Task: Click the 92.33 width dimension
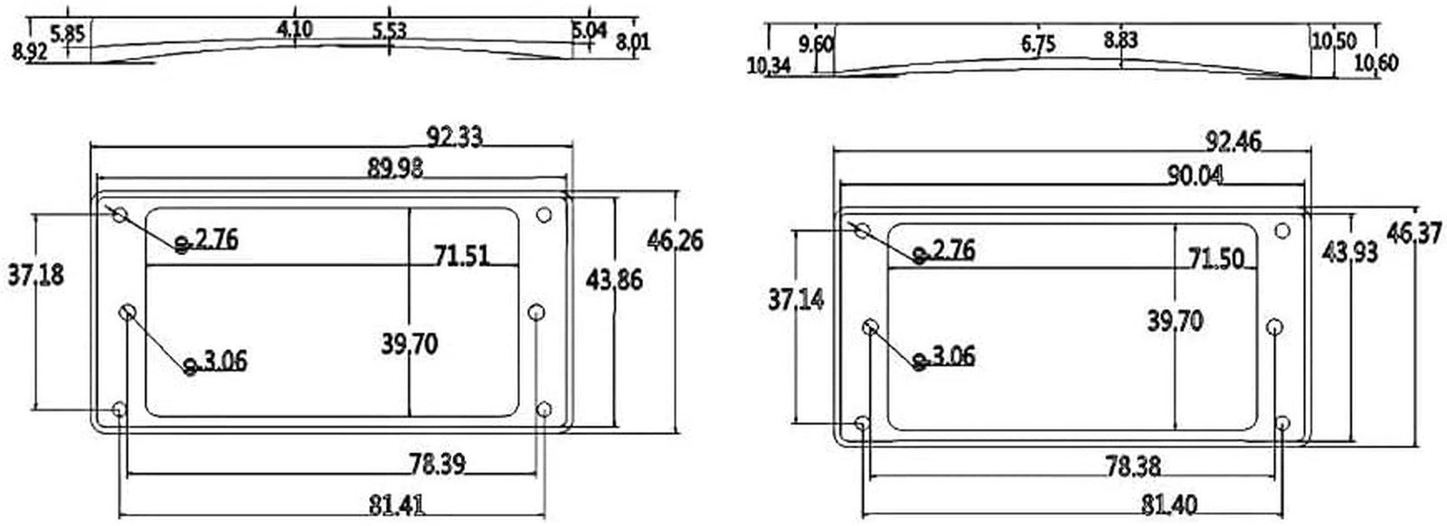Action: [x=454, y=136]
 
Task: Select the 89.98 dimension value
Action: [x=395, y=168]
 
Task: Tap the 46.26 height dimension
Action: [x=675, y=240]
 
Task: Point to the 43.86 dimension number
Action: [x=614, y=280]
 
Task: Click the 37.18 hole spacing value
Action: [x=36, y=275]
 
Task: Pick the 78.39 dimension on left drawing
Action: [x=438, y=464]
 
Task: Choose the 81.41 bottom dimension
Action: [x=397, y=505]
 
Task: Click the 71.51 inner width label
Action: [x=462, y=257]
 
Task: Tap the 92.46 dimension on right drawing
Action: [x=1234, y=142]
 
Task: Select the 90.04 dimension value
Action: [x=1195, y=175]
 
